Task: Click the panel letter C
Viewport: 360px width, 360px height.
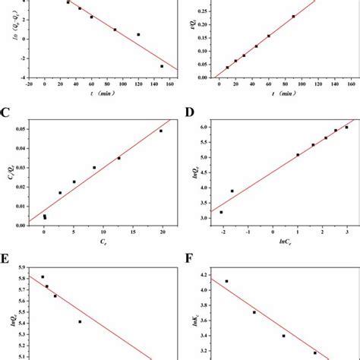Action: (x=6, y=114)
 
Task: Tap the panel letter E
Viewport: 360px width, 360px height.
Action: (x=6, y=261)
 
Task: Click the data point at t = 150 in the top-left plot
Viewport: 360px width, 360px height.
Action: (x=161, y=66)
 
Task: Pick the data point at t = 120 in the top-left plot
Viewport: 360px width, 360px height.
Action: (x=138, y=34)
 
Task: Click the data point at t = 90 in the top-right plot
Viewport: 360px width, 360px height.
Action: (x=293, y=16)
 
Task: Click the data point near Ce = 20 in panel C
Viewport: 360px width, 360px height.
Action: (x=161, y=131)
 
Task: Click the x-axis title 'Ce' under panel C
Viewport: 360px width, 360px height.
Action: (x=103, y=242)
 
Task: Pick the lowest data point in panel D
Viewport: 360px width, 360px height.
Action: (x=221, y=212)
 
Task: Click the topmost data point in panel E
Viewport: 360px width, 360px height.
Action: (x=43, y=277)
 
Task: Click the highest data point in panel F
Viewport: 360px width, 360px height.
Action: (x=226, y=281)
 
